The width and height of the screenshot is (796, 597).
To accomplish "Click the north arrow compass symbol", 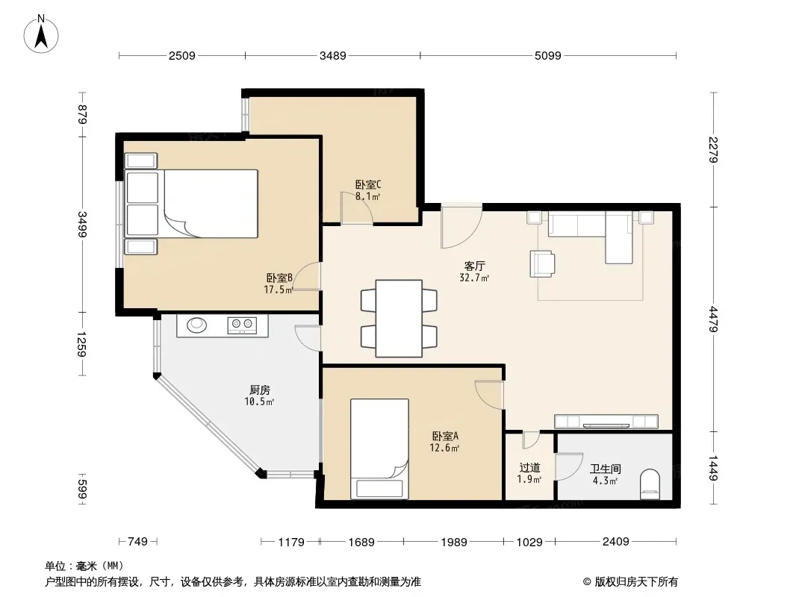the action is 41,34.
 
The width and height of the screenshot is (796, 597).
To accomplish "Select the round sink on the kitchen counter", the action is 196,325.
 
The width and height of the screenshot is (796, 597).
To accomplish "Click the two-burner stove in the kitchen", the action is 242,325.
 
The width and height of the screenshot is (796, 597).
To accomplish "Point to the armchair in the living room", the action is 542,263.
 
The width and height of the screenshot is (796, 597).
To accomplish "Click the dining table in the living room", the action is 399,319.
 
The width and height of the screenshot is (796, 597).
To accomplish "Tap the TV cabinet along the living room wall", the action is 606,422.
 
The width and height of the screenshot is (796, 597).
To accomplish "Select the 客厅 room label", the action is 475,266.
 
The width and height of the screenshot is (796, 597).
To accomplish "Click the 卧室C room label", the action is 368,184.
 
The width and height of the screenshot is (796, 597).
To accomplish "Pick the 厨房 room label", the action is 259,390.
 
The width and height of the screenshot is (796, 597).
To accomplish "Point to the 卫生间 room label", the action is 605,469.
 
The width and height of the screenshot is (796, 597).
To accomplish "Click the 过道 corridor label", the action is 529,468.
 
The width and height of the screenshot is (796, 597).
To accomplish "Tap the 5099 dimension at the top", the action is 548,56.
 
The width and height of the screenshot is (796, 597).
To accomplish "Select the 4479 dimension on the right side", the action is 713,319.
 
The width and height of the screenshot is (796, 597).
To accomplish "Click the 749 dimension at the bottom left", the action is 137,542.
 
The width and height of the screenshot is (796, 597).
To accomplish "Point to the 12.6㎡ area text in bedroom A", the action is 445,448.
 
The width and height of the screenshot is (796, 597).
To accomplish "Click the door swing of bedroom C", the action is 357,207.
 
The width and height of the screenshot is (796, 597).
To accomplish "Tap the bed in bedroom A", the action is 380,448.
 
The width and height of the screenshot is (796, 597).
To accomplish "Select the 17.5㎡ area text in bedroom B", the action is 279,290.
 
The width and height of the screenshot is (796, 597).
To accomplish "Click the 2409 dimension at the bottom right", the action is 616,542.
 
